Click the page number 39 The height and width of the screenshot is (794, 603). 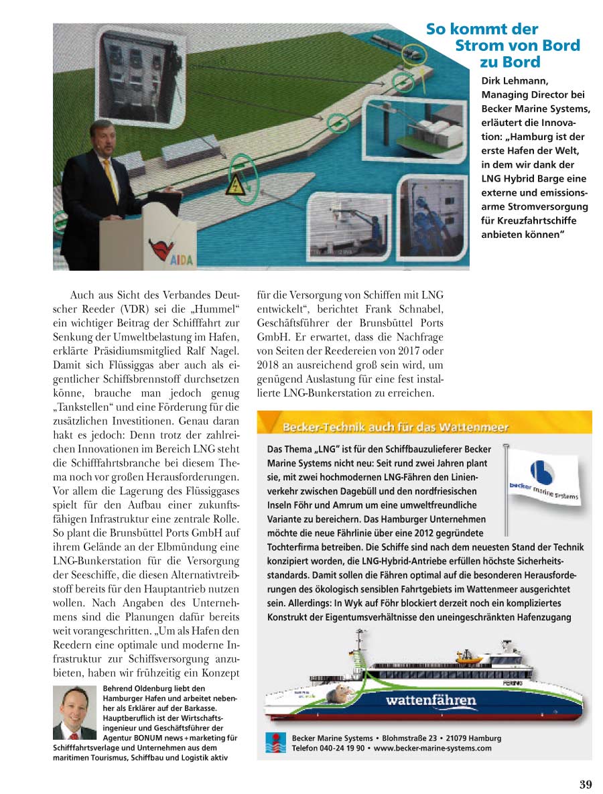coord(584,785)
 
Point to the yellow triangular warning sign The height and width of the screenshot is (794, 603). coord(235,187)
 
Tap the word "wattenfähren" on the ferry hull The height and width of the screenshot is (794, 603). coord(431,701)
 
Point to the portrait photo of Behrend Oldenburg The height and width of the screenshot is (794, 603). coord(75,712)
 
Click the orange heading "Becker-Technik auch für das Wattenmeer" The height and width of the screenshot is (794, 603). coord(396,427)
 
